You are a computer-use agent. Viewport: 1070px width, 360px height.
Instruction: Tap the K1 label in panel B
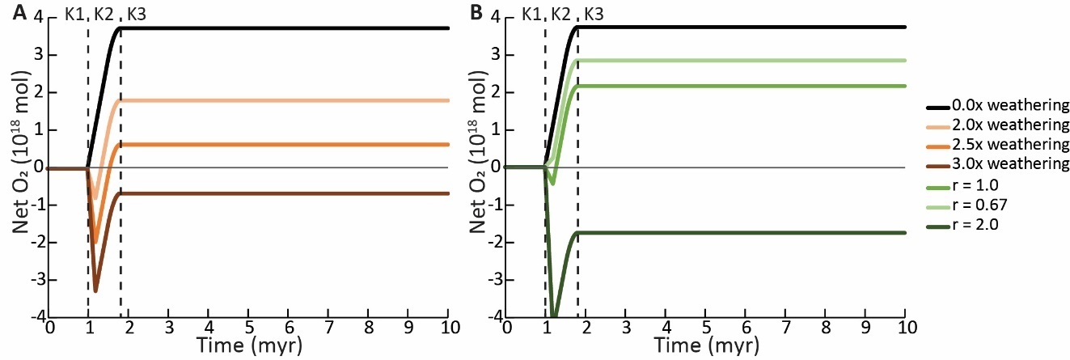(x=531, y=14)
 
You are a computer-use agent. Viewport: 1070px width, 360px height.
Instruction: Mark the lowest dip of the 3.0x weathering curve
(x=95, y=290)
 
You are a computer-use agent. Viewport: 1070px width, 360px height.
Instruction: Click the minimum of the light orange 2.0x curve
(x=95, y=197)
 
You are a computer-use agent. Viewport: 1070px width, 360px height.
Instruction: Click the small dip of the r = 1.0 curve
(x=552, y=184)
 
